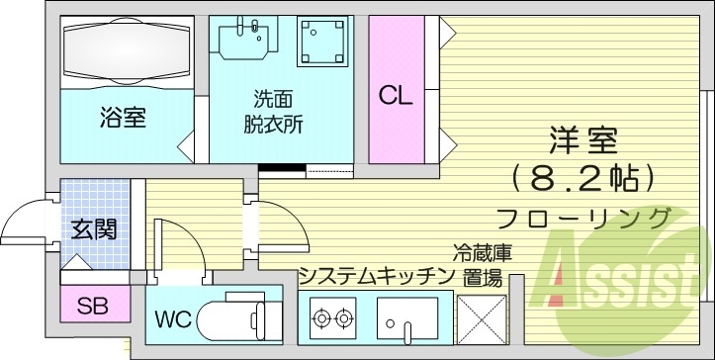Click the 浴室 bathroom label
[123, 119]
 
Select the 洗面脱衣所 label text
[272, 112]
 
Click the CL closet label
[396, 97]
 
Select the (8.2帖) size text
[583, 179]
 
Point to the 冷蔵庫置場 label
[482, 264]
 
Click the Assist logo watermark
[623, 272]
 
